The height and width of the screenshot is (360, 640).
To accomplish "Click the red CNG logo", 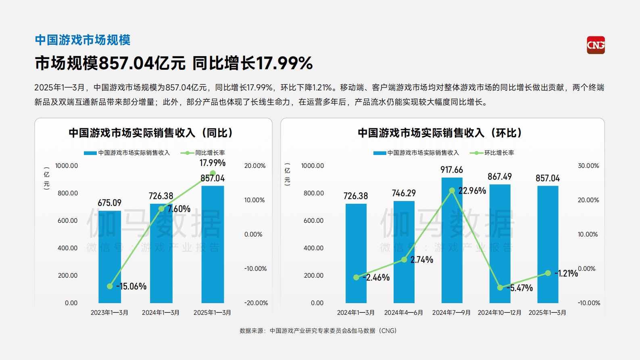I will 596,45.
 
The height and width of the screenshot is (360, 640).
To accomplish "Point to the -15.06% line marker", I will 110,286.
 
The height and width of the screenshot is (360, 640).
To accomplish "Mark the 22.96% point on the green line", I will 452,190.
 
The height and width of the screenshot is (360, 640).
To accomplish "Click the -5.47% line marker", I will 500,288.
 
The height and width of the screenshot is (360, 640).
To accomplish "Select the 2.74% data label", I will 422,260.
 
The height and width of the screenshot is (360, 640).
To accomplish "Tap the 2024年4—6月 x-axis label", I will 403,313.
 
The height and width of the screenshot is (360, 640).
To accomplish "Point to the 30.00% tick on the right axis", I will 588,166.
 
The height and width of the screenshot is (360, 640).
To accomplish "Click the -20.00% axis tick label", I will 256,303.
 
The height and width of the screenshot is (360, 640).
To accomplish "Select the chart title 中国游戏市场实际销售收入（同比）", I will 151,133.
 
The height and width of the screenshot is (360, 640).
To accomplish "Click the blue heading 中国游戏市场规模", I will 83,40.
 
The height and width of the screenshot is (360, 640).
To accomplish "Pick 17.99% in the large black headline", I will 284,63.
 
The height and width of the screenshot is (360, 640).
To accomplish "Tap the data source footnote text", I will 318,331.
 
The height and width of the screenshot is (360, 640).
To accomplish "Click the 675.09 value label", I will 109,203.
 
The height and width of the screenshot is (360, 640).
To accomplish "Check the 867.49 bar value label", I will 499,177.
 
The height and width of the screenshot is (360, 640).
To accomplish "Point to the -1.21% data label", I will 566,274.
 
